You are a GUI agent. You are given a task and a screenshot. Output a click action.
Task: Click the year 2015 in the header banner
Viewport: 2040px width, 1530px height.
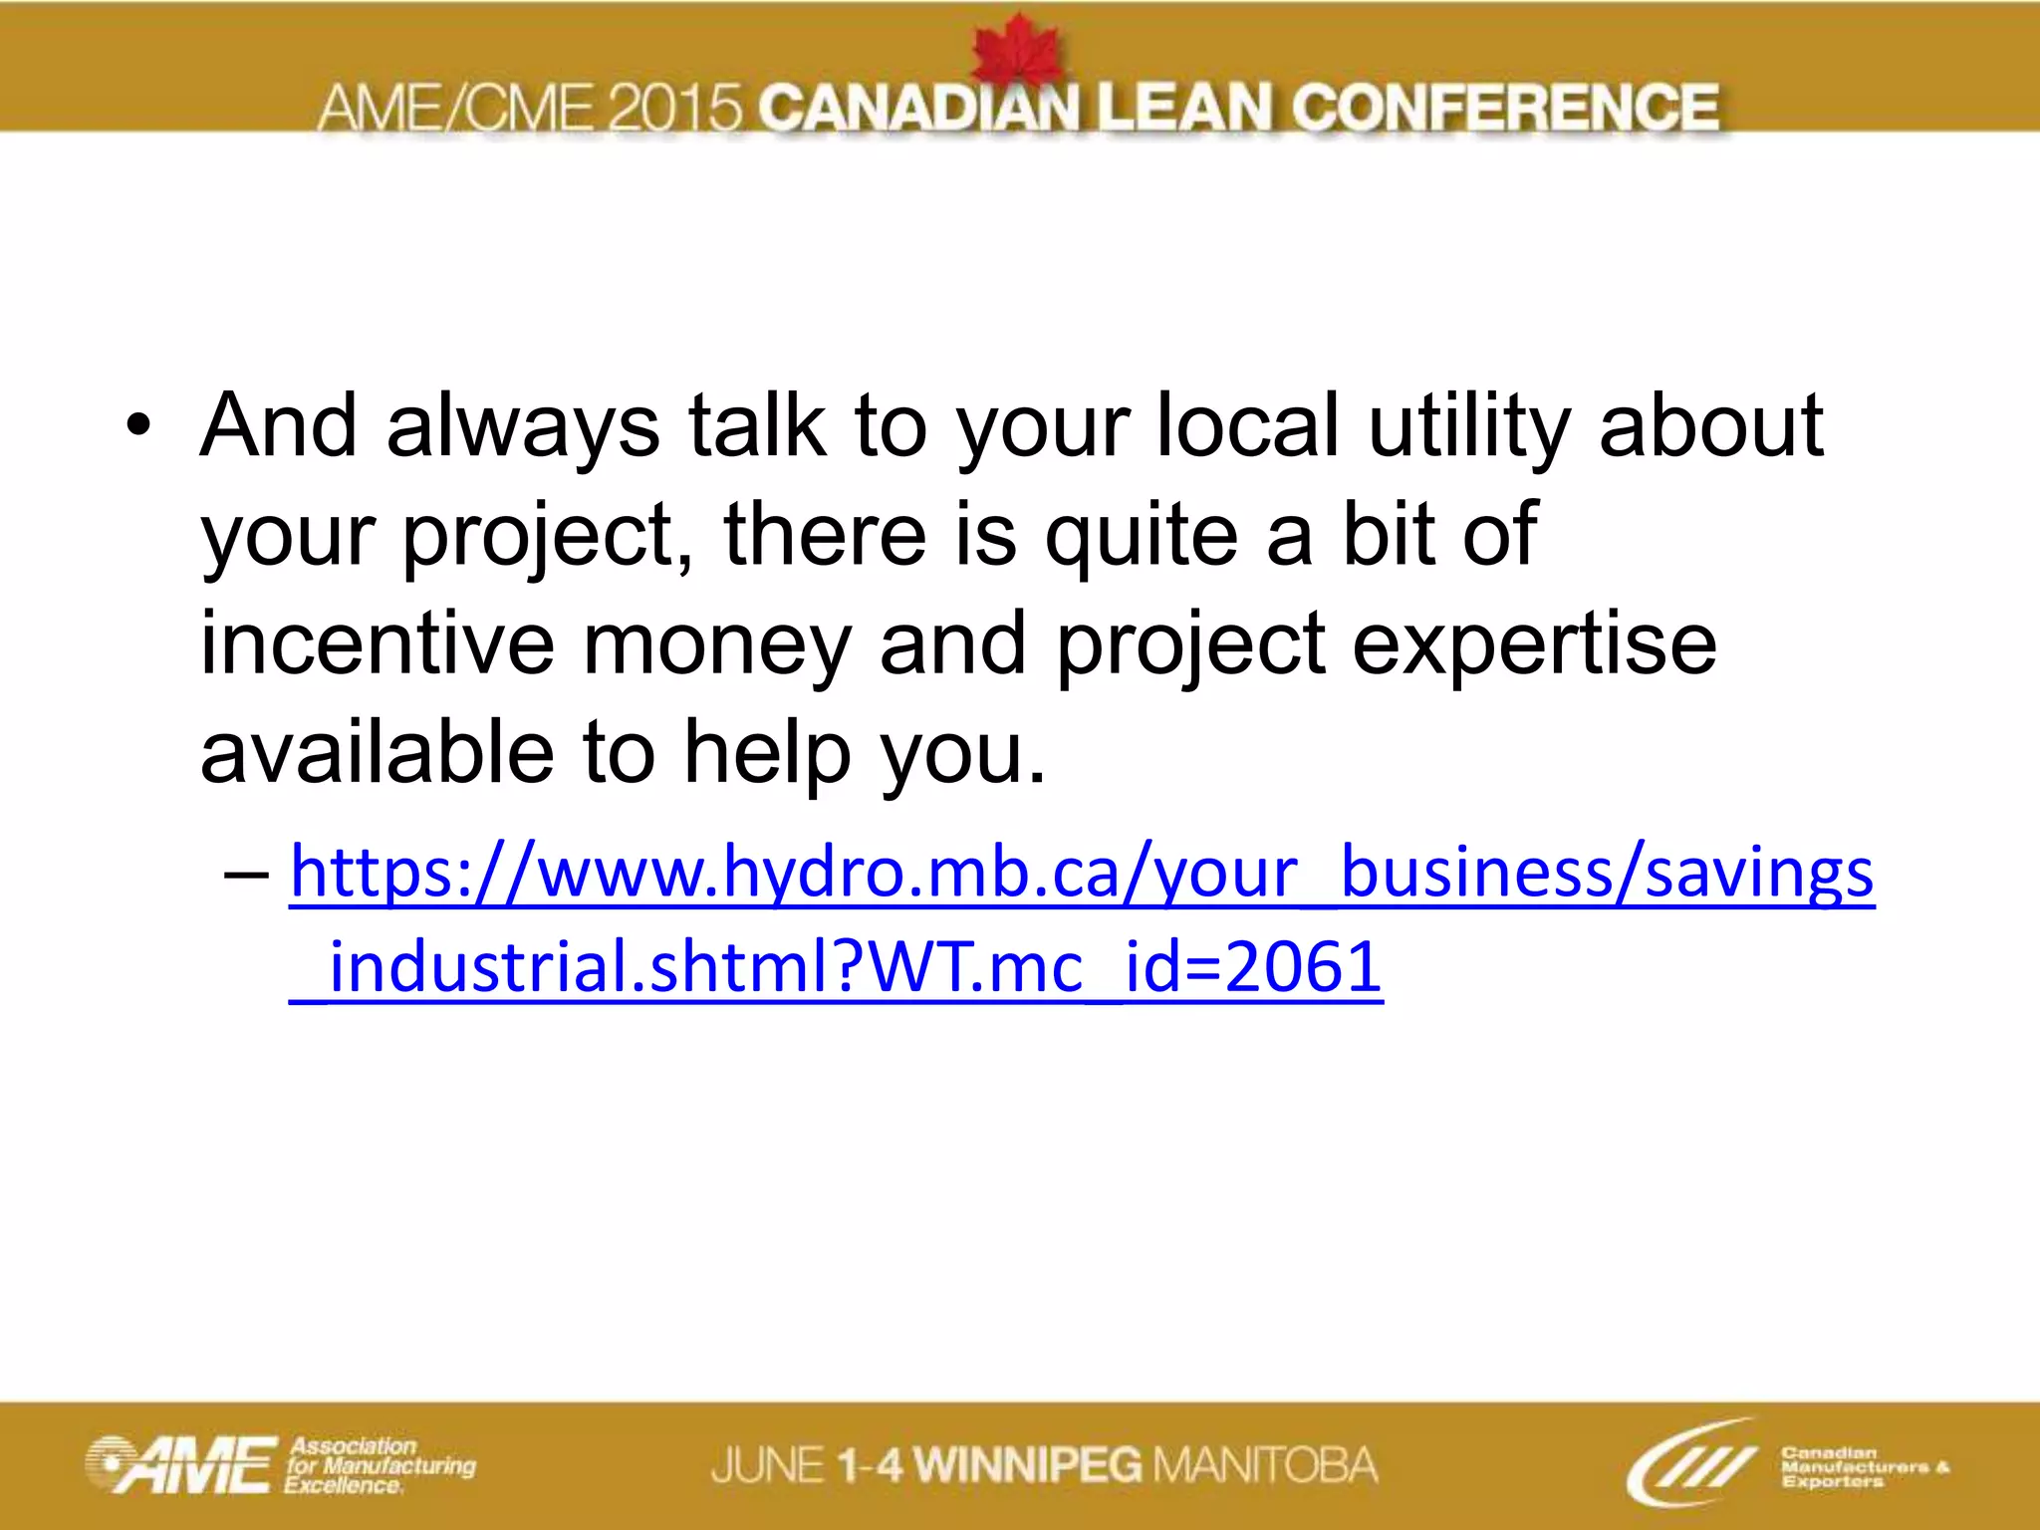(674, 108)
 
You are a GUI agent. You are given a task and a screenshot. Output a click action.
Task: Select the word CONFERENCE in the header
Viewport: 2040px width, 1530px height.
(1505, 108)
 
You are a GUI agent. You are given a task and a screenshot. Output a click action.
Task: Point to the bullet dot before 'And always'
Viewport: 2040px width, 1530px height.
(138, 428)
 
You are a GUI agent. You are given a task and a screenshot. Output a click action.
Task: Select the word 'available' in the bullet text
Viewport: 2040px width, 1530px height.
(377, 753)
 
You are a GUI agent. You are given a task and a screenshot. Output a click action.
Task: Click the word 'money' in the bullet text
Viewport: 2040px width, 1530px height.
(716, 644)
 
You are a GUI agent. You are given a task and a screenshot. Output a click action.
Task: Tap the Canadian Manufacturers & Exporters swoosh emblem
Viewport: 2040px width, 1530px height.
(1690, 1462)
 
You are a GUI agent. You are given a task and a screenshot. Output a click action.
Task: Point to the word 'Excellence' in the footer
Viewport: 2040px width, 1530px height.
(343, 1485)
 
